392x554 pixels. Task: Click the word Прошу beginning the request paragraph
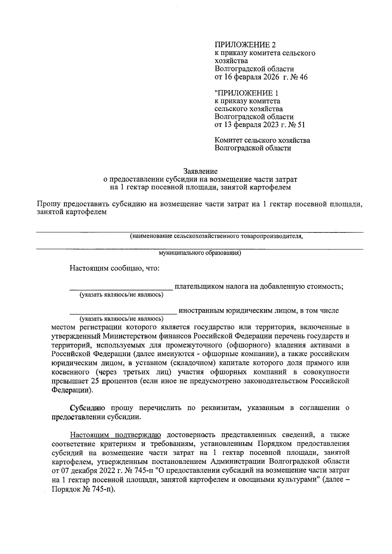tap(48, 204)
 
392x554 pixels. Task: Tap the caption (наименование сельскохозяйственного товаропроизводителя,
tap(216, 236)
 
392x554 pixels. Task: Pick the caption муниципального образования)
tap(200, 253)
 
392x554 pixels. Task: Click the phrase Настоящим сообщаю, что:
tap(114, 269)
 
